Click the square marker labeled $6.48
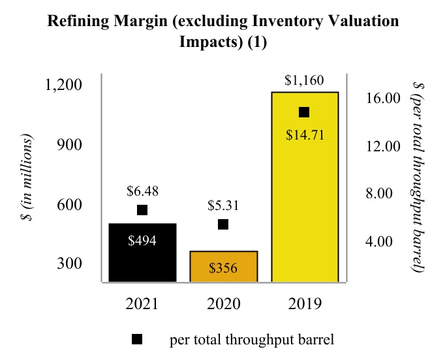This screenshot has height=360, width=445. (x=142, y=210)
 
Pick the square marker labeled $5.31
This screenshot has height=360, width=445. (x=223, y=224)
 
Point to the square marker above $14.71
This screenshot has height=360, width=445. (x=304, y=112)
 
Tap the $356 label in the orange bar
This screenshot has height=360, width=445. (x=223, y=268)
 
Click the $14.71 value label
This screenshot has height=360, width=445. (x=305, y=136)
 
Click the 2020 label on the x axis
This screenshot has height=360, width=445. (x=223, y=304)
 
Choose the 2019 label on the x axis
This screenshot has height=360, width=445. (x=304, y=304)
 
